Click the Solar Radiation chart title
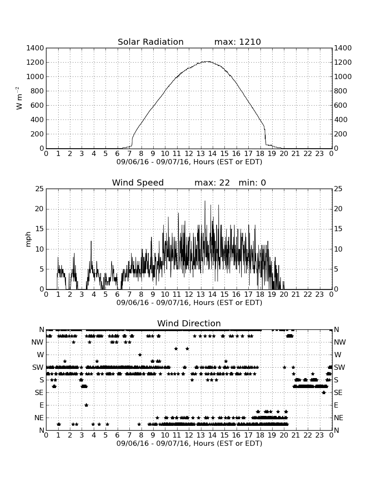click(150, 42)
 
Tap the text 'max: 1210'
click(237, 42)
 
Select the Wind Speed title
click(138, 183)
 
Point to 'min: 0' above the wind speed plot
click(252, 183)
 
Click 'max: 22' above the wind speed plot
click(212, 183)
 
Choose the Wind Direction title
click(189, 323)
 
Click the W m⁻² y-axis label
click(19, 98)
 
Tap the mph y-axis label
click(28, 239)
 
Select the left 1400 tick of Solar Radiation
click(35, 48)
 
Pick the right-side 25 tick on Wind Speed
click(338, 189)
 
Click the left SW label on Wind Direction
click(38, 367)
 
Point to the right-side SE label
click(338, 393)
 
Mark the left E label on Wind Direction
click(42, 405)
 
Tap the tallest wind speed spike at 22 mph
click(205, 201)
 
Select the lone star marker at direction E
click(86, 405)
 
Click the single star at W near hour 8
click(140, 355)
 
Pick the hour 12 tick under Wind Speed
click(189, 295)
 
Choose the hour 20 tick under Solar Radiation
click(284, 154)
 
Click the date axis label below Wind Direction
click(189, 443)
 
